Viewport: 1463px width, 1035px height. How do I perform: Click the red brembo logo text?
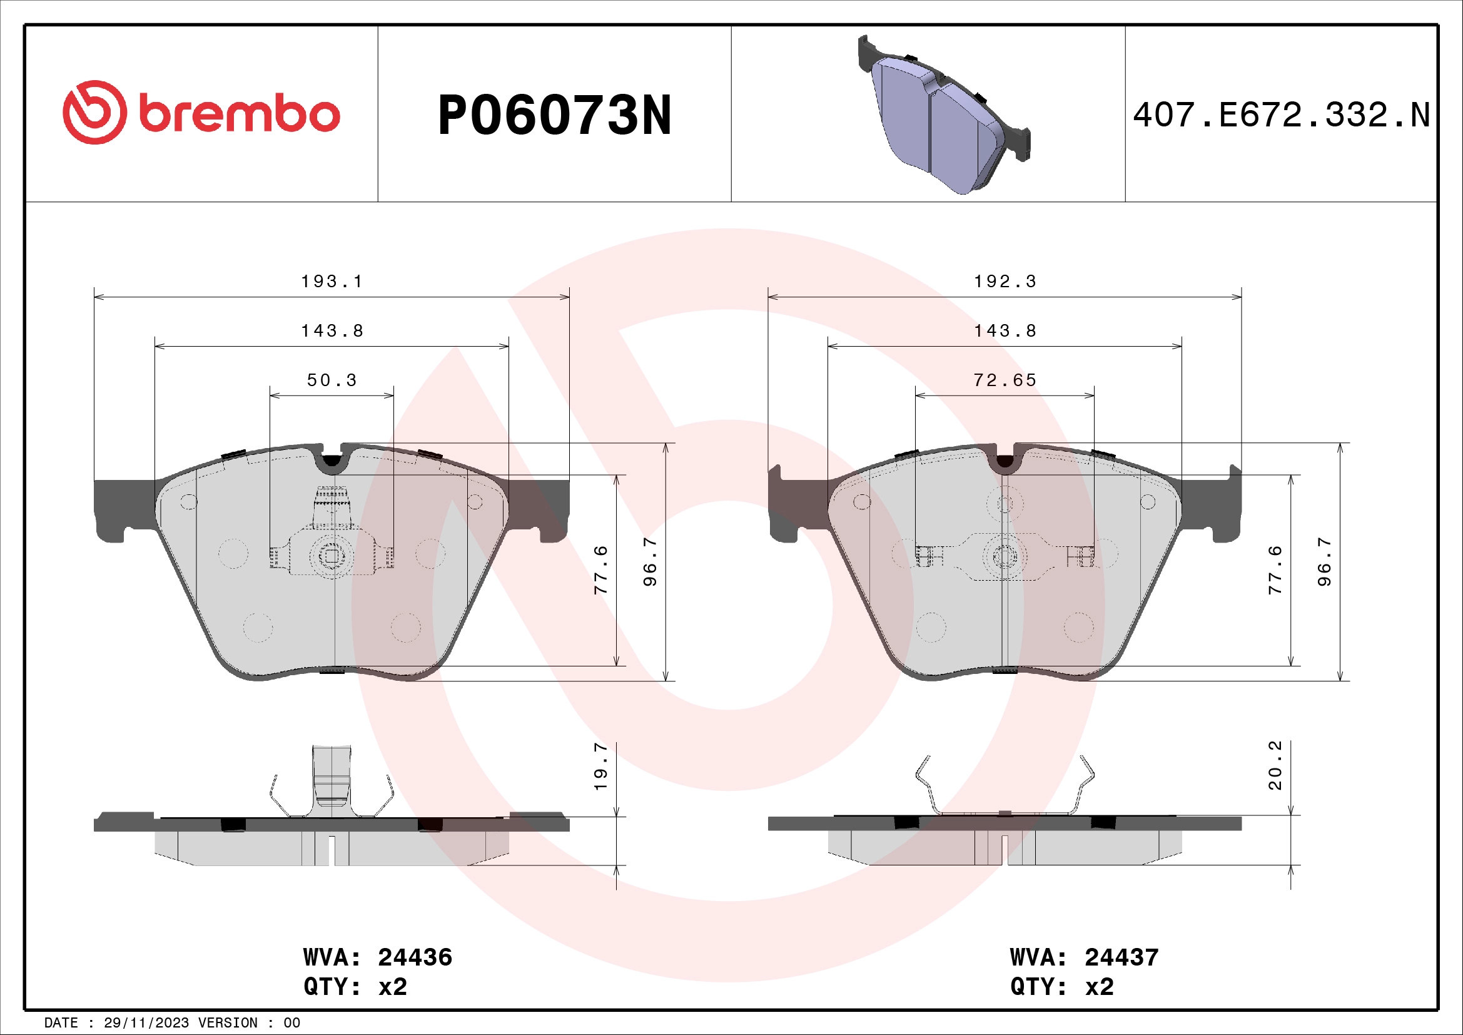pos(239,114)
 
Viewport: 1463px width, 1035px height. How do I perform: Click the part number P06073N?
pos(554,115)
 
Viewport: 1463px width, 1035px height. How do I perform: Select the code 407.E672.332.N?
pos(1281,115)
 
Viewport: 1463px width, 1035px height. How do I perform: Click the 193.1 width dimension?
pos(332,281)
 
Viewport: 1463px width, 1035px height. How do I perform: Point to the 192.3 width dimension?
pos(1005,281)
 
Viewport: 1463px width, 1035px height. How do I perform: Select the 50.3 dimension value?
pos(332,380)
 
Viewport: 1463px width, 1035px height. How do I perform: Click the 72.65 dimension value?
pos(1005,380)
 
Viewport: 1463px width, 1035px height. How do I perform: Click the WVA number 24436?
pos(415,957)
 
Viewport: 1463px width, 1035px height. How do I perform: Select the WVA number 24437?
pos(1121,957)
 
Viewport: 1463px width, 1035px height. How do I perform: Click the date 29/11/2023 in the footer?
pos(146,1023)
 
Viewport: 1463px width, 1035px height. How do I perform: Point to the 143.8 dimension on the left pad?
pos(332,331)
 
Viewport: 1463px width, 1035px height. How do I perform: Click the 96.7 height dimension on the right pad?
pos(1324,561)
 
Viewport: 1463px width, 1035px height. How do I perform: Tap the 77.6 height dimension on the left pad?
pos(600,570)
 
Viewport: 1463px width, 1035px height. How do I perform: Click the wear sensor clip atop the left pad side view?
pos(332,781)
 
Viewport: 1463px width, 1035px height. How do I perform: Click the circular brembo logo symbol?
pos(94,112)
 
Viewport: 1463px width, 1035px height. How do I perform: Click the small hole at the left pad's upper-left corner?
pos(189,502)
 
